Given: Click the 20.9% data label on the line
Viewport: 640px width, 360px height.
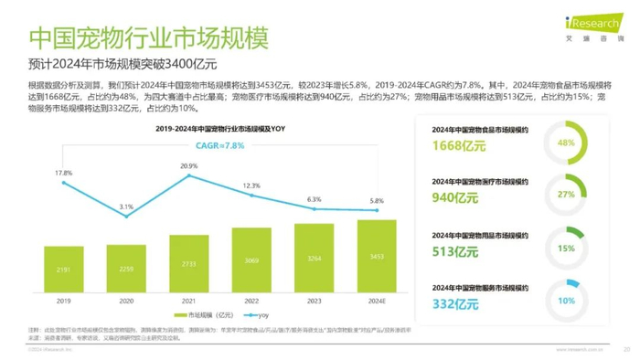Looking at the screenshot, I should tap(189, 165).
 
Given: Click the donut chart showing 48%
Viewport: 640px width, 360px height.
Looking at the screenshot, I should tap(566, 143).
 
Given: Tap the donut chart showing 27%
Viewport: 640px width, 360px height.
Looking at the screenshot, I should tap(566, 195).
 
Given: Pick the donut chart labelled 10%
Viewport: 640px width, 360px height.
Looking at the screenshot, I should tap(566, 300).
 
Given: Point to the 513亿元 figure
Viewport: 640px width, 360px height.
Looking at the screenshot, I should tap(453, 252).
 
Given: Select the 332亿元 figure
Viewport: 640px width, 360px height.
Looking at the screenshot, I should tap(453, 303).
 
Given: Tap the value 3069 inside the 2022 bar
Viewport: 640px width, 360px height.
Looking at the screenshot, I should tap(251, 261).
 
